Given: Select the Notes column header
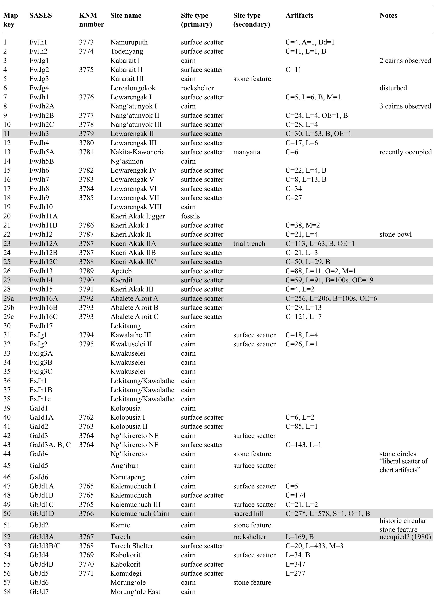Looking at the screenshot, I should (x=388, y=15).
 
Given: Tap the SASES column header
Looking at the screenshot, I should (x=40, y=15).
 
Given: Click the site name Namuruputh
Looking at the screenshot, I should (x=129, y=42).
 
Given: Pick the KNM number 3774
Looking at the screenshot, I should (x=86, y=51).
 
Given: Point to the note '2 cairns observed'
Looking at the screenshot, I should (x=405, y=61).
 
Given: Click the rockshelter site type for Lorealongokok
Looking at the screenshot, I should (x=197, y=88).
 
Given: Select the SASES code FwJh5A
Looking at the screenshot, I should (x=42, y=152).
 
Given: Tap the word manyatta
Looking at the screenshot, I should (x=246, y=152).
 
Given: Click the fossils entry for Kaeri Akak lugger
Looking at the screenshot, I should (x=190, y=216).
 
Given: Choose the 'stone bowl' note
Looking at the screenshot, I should (x=395, y=234).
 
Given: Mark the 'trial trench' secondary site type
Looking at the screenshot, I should (x=249, y=244).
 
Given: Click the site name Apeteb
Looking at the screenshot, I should (x=121, y=271).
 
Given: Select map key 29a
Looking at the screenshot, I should (x=9, y=299).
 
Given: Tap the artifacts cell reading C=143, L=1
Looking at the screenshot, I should (x=303, y=445).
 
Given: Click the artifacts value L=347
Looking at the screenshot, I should (x=295, y=564).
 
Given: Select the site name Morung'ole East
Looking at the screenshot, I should (x=135, y=592).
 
